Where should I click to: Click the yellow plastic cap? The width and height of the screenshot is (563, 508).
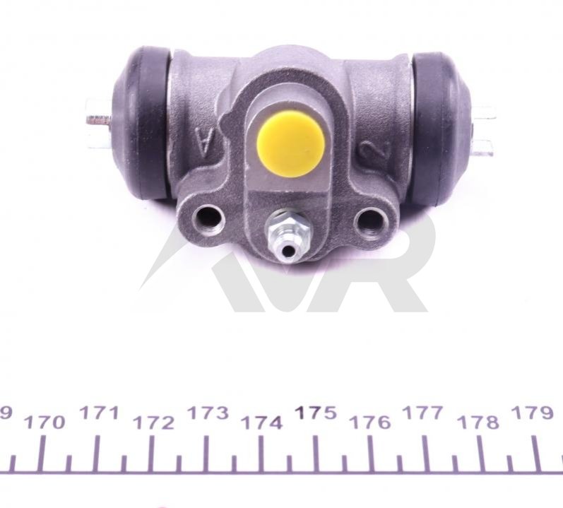[291, 144]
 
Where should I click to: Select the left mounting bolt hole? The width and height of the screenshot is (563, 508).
[208, 217]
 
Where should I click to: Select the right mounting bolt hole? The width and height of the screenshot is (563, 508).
[371, 220]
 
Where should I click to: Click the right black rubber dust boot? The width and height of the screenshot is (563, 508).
[441, 129]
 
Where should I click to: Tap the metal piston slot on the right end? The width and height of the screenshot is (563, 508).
[483, 131]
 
